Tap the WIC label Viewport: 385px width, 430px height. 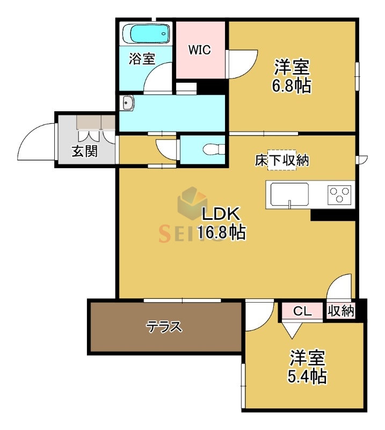(199, 50)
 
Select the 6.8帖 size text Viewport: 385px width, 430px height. (292, 85)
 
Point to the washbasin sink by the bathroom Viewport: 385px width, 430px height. (127, 103)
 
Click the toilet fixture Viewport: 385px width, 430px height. (213, 148)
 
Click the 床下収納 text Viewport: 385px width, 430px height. (281, 160)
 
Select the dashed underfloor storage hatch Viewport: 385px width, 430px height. (282, 160)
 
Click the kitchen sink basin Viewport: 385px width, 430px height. (289, 193)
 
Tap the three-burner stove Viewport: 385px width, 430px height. (339, 193)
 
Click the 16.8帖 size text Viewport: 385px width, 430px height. (221, 232)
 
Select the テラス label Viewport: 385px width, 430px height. (165, 326)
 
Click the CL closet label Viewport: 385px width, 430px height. (303, 311)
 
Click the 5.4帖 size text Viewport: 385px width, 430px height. (307, 376)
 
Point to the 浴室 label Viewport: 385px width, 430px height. (141, 58)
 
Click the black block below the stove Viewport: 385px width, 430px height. (333, 214)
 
